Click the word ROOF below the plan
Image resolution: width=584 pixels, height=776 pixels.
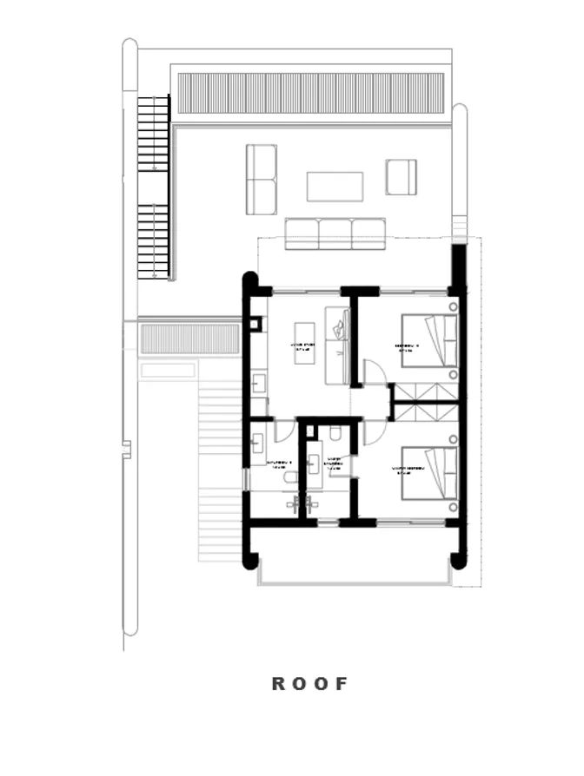[309, 683]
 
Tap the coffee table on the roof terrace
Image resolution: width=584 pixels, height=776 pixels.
[335, 186]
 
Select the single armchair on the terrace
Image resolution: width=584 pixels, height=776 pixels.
[401, 177]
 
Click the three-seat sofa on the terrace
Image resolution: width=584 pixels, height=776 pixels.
[335, 233]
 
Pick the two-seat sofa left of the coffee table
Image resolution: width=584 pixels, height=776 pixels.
[261, 180]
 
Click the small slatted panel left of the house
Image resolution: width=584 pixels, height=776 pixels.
[189, 339]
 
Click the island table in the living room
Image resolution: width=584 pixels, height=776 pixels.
[303, 343]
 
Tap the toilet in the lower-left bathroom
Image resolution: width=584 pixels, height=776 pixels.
[290, 476]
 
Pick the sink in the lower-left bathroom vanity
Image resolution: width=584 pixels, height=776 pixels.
[257, 443]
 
